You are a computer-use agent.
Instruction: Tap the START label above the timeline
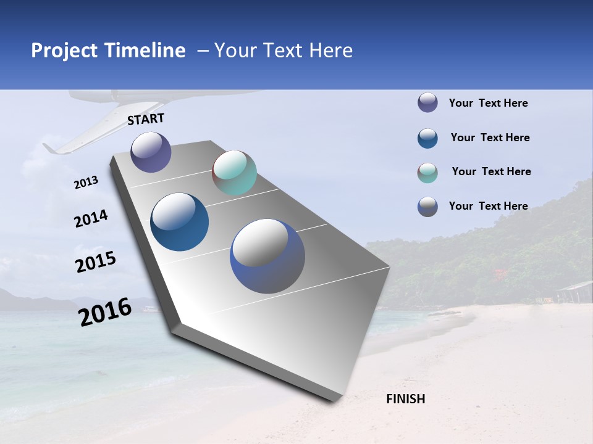(x=146, y=119)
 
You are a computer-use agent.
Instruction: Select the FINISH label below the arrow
(x=406, y=399)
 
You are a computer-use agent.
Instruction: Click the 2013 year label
(x=86, y=183)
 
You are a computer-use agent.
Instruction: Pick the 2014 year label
(x=91, y=219)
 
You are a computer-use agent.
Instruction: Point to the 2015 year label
(x=96, y=262)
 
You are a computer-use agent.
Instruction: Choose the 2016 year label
(x=105, y=312)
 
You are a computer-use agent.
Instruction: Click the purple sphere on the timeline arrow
(x=151, y=152)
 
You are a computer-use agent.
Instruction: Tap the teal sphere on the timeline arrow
(x=234, y=173)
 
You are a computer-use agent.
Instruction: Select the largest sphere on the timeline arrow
(x=267, y=256)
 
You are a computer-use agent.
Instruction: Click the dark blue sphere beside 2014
(x=180, y=222)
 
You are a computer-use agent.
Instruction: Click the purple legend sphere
(x=427, y=102)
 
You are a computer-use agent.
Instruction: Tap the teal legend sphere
(x=427, y=173)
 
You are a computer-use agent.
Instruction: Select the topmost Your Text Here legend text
(x=488, y=103)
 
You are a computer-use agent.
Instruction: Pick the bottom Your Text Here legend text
(x=488, y=206)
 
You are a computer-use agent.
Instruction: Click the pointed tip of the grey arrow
(x=334, y=400)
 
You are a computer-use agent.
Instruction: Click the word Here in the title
(x=330, y=51)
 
